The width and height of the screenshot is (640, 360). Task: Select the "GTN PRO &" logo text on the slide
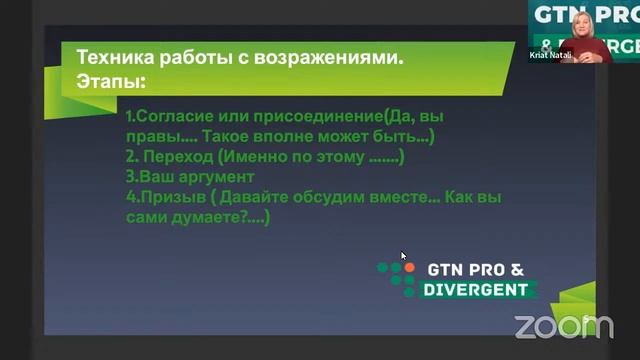474,270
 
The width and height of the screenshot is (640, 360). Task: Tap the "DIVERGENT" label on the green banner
476,290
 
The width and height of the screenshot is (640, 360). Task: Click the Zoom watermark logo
563,326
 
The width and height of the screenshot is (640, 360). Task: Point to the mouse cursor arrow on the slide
403,255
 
